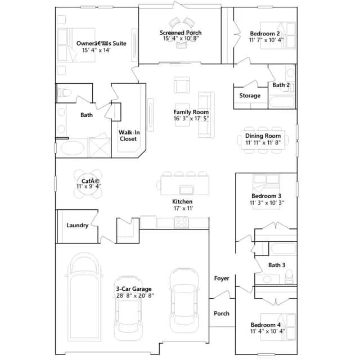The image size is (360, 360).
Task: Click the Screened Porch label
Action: click(181, 33)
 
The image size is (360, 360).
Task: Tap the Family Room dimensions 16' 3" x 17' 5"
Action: click(191, 119)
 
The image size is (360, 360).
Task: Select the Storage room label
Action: click(250, 96)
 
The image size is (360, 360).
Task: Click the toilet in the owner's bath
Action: click(64, 93)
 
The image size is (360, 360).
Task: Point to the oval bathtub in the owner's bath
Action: click(73, 147)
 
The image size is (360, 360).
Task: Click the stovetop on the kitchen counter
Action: click(181, 222)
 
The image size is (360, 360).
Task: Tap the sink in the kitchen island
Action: click(186, 190)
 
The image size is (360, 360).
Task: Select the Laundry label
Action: click(78, 225)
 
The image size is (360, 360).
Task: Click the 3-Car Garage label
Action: click(134, 289)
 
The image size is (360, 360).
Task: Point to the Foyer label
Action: click(222, 278)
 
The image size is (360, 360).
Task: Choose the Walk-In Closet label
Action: click(129, 136)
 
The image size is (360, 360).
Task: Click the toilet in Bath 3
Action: click(289, 276)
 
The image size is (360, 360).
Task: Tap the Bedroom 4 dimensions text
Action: click(268, 331)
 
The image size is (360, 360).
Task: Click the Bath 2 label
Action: click(281, 85)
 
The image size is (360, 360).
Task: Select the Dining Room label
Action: click(263, 136)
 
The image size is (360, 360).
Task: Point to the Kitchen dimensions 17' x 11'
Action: click(183, 208)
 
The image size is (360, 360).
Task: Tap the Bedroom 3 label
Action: click(266, 196)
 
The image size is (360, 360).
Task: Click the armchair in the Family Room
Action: click(182, 85)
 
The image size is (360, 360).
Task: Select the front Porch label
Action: click(222, 313)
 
